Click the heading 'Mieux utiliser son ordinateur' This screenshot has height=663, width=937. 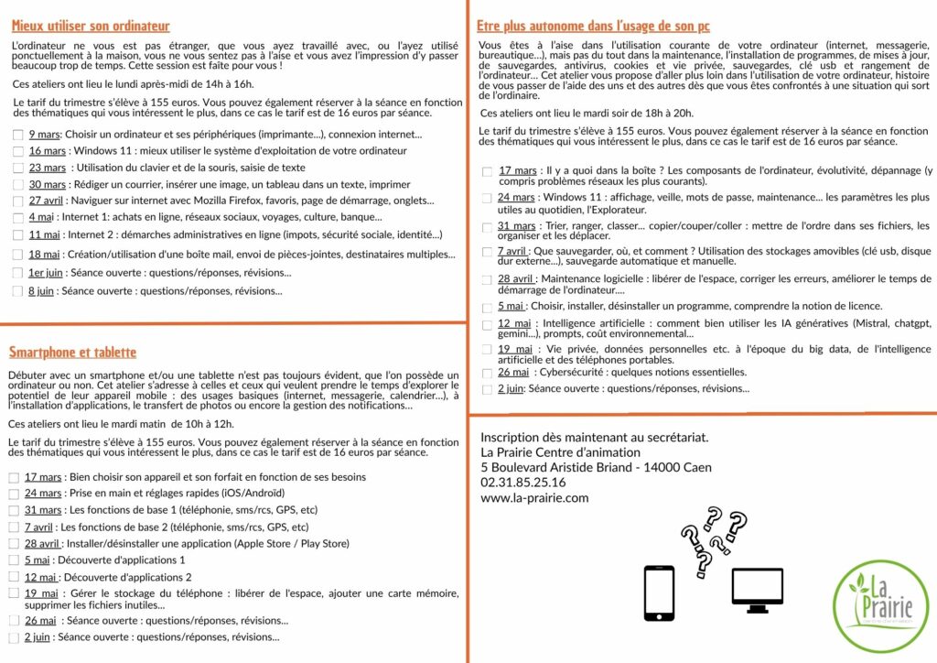[91, 27]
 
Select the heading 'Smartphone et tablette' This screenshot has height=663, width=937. [72, 353]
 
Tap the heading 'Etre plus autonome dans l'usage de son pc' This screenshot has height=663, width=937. [593, 27]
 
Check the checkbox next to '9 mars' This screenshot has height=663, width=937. [18, 135]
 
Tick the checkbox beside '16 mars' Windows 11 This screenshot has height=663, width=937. [18, 151]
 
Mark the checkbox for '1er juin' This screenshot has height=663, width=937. [18, 273]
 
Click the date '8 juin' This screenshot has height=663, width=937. [41, 291]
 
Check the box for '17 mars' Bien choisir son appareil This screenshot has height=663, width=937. [14, 478]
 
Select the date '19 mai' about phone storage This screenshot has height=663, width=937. [42, 592]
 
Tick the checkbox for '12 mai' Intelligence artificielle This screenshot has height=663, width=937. [487, 324]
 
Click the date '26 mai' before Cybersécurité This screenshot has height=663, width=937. [512, 372]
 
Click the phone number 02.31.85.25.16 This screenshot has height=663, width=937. [522, 482]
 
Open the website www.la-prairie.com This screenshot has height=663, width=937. [534, 498]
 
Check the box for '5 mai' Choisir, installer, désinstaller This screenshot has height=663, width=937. [487, 307]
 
